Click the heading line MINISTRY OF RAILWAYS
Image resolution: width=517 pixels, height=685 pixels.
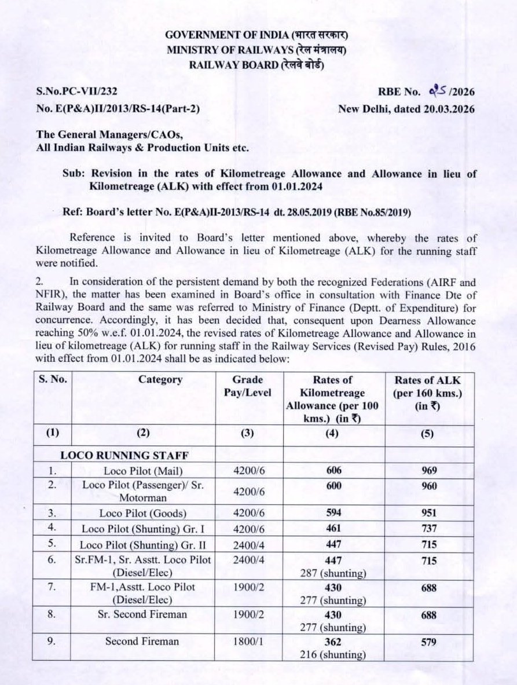click(x=256, y=50)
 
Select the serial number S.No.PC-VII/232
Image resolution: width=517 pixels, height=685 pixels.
click(x=80, y=91)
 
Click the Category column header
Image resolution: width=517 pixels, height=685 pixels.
click(x=160, y=380)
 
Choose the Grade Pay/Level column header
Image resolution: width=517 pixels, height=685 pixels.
click(x=247, y=386)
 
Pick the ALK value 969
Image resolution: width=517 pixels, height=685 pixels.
click(x=429, y=470)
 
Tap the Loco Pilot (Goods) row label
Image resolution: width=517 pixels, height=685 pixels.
click(x=142, y=513)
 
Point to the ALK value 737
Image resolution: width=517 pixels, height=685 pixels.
click(x=429, y=529)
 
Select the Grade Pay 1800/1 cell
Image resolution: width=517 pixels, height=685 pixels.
click(x=247, y=642)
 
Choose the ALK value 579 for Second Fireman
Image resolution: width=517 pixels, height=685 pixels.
click(x=429, y=642)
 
